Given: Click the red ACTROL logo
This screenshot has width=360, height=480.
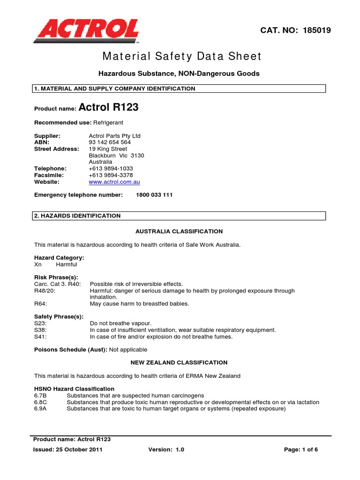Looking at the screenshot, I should click(86, 31).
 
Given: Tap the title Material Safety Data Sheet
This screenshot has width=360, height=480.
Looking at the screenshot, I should click(182, 57).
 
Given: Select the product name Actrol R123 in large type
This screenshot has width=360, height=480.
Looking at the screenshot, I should click(108, 107).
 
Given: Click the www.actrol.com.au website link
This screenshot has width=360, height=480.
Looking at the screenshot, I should click(114, 182).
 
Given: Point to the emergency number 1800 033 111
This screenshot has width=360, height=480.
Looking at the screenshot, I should click(154, 195).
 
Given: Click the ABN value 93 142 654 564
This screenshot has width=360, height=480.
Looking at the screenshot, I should click(110, 142).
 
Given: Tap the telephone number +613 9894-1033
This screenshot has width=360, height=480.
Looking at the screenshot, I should click(110, 168).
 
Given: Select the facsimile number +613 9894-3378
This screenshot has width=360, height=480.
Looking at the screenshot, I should click(110, 175).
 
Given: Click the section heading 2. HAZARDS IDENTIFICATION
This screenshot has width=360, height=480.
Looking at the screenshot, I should click(77, 216).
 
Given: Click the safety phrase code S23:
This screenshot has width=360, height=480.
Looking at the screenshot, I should click(41, 323).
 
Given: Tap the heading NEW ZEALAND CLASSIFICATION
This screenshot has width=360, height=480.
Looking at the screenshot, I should click(179, 362).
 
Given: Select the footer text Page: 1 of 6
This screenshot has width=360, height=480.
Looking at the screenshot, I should click(301, 450).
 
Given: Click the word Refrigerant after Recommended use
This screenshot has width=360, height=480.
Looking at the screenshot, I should click(108, 122).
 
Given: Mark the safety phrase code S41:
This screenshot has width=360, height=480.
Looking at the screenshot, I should click(41, 337).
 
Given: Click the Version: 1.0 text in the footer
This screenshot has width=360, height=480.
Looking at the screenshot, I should click(166, 450).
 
